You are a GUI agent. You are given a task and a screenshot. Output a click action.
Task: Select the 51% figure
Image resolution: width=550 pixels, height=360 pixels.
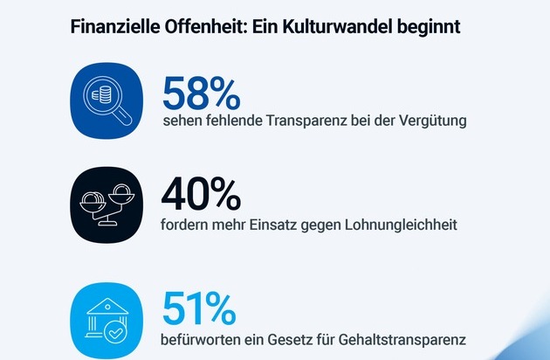(x=199, y=307)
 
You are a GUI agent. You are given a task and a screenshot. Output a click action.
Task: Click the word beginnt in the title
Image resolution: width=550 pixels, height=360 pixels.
(x=428, y=26)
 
